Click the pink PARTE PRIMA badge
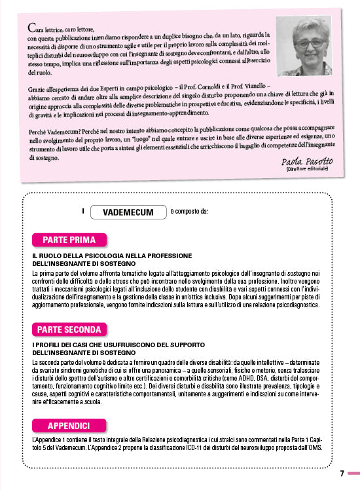pyautogui.click(x=69, y=239)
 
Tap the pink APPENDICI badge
pyautogui.click(x=69, y=406)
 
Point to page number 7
pyautogui.click(x=342, y=474)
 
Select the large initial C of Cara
pyautogui.click(x=31, y=28)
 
